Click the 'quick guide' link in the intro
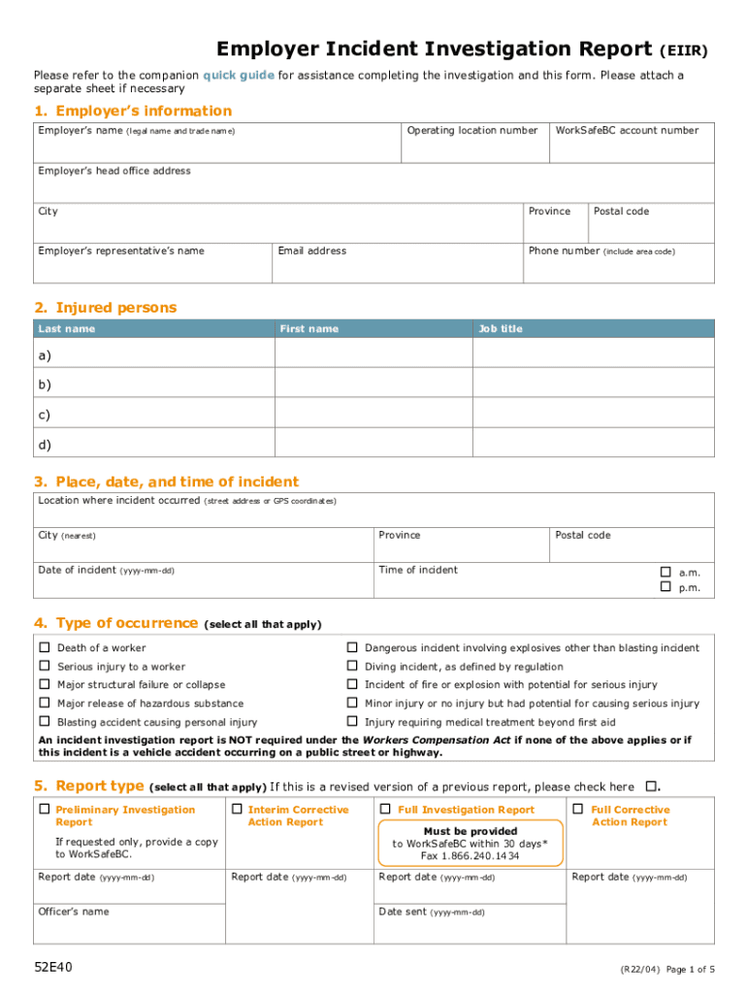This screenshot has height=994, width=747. (239, 76)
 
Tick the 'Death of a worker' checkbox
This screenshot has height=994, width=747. (44, 647)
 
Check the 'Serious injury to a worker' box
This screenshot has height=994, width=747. (44, 666)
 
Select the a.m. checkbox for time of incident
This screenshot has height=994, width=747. (666, 572)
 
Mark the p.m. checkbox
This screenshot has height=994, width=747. (666, 586)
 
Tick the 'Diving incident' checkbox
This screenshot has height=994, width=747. (352, 666)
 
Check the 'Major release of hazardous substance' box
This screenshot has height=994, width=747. (44, 703)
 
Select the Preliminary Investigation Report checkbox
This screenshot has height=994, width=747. (44, 809)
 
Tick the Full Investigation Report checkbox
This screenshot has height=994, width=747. (385, 809)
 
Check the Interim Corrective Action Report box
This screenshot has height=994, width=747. (237, 809)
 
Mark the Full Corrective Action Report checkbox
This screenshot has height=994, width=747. (578, 809)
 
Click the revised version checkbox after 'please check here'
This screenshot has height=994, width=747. (652, 785)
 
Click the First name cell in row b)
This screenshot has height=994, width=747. (373, 385)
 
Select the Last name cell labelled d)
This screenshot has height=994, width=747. (153, 445)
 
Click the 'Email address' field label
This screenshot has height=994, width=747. (311, 251)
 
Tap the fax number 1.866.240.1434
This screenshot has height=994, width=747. (470, 856)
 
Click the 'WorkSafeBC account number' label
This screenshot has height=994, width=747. (627, 130)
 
